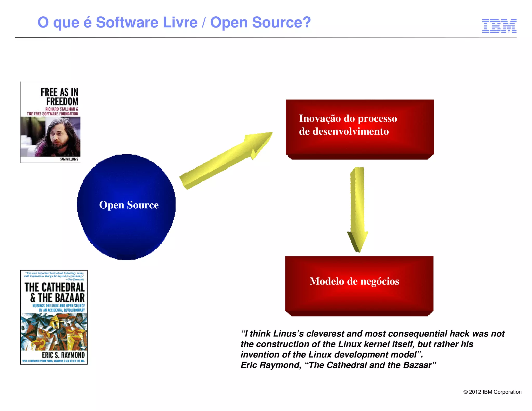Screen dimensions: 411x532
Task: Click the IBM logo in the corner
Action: (x=499, y=26)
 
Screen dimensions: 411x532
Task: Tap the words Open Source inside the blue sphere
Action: (x=129, y=205)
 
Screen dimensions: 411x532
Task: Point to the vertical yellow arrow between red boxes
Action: (x=358, y=208)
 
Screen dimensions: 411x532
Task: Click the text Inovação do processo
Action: (x=348, y=118)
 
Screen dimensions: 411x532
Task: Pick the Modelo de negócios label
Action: (x=354, y=281)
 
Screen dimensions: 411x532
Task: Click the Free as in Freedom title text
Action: (x=60, y=97)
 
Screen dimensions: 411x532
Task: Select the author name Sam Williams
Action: (x=69, y=159)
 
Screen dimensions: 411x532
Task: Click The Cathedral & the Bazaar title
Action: (x=55, y=293)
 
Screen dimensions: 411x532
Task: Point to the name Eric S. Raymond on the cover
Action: (x=63, y=355)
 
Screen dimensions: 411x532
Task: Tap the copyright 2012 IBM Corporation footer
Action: (x=492, y=392)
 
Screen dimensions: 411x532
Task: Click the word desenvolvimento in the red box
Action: (x=350, y=131)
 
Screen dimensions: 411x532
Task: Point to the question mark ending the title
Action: (x=307, y=22)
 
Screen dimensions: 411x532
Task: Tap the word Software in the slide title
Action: (x=127, y=22)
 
